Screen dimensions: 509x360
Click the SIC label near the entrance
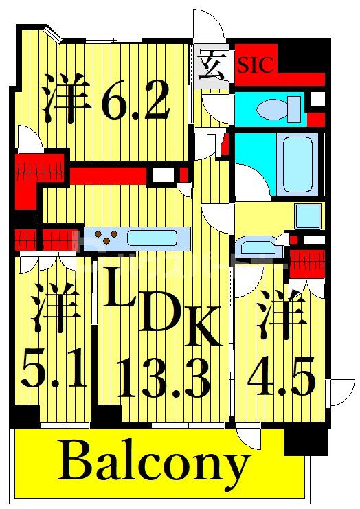pyautogui.click(x=256, y=65)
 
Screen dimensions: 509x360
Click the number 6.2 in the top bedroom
pyautogui.click(x=135, y=103)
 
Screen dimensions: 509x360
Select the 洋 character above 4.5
pyautogui.click(x=282, y=311)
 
